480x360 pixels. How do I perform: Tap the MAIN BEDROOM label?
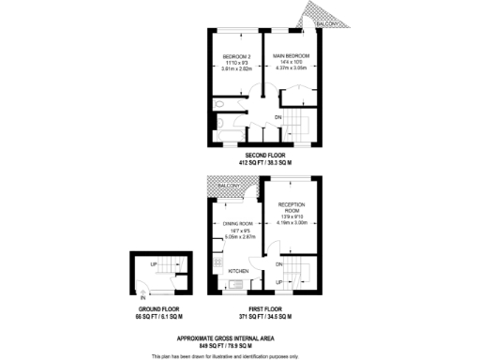[291, 56]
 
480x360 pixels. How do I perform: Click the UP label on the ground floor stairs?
[154, 265]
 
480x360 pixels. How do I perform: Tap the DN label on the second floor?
[278, 116]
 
